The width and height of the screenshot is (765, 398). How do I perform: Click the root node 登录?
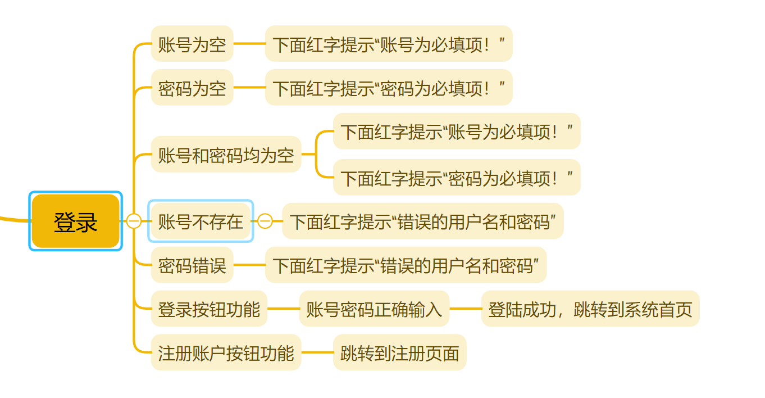click(75, 221)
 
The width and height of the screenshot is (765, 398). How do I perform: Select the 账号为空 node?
click(192, 44)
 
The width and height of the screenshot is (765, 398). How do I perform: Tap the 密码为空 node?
click(192, 88)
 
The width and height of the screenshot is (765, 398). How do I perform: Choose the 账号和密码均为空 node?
click(226, 155)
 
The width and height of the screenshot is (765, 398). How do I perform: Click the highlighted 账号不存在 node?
click(201, 221)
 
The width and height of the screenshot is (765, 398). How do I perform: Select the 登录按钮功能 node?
click(209, 309)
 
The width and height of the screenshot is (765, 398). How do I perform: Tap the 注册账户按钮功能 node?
click(226, 352)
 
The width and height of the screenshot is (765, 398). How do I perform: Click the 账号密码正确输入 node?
click(374, 309)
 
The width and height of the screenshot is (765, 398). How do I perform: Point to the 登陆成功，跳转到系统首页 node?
click(590, 309)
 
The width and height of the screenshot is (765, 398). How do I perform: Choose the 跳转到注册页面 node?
click(399, 352)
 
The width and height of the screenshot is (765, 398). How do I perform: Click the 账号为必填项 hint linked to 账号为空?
click(389, 44)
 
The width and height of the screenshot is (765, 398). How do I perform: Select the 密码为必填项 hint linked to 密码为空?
click(389, 88)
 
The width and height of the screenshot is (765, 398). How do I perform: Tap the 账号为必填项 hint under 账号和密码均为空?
click(456, 132)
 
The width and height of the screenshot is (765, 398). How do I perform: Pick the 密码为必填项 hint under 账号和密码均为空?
click(456, 178)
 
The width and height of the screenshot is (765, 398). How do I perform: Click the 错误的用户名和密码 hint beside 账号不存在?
click(422, 221)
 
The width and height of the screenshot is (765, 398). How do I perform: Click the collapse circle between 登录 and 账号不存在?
click(134, 221)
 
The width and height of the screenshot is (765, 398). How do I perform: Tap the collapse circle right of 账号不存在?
click(265, 221)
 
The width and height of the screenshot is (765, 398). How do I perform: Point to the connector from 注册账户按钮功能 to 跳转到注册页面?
click(317, 352)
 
